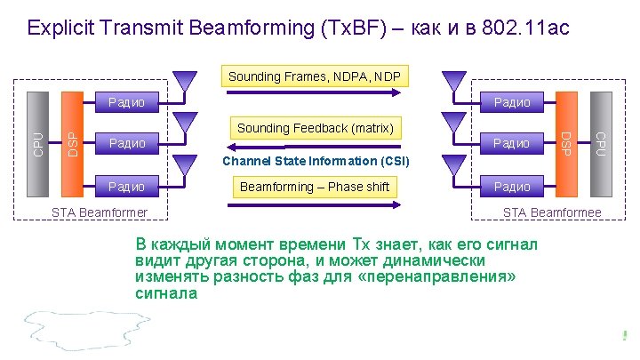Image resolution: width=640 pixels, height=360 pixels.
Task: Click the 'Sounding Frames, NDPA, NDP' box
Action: (x=314, y=76)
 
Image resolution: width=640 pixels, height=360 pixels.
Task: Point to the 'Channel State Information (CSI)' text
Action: (x=316, y=161)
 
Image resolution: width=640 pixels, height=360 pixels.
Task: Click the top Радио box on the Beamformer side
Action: (x=127, y=102)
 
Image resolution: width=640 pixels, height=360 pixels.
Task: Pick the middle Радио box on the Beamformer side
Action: (x=127, y=143)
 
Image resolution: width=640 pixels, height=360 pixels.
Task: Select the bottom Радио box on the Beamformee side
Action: (x=511, y=187)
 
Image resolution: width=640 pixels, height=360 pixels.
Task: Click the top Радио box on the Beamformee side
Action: (x=511, y=102)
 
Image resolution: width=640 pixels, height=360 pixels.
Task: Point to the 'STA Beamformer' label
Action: (x=100, y=212)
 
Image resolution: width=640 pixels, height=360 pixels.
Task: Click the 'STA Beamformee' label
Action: (x=552, y=212)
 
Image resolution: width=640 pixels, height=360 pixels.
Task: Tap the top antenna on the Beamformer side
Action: (x=185, y=81)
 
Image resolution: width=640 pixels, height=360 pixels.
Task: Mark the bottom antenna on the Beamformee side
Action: (x=453, y=164)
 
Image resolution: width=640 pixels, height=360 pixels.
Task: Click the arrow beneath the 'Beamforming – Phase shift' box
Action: (x=316, y=205)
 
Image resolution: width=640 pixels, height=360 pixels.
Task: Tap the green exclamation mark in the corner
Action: (x=626, y=335)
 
